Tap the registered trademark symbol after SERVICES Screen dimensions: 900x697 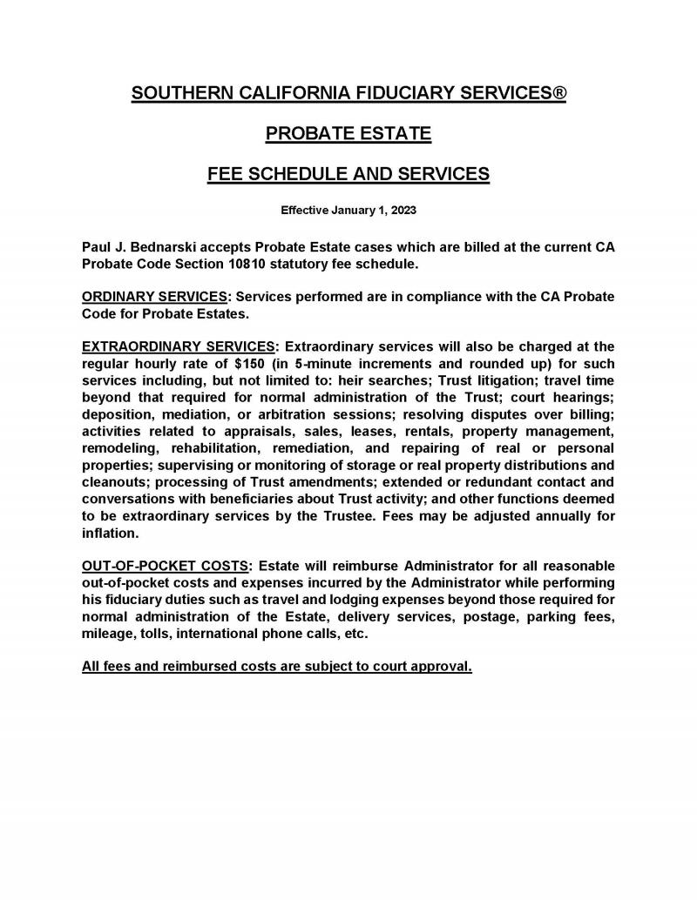coord(558,93)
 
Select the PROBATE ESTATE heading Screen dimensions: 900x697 coord(348,134)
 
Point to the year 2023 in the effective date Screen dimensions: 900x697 coord(402,210)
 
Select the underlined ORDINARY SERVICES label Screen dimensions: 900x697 coord(153,296)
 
